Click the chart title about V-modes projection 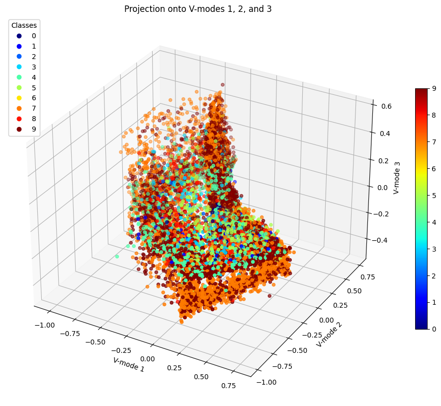point(198,9)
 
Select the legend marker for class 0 point(19,36)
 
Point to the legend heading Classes point(24,25)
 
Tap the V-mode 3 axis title point(396,177)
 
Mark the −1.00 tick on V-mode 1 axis point(45,325)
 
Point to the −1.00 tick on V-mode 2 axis point(268,382)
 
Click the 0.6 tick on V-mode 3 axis point(382,106)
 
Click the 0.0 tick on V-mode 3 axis point(380,187)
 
